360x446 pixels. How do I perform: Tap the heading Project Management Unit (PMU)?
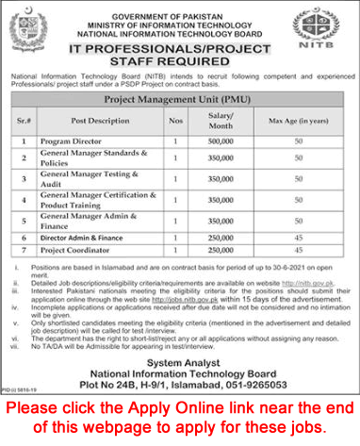(178, 97)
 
